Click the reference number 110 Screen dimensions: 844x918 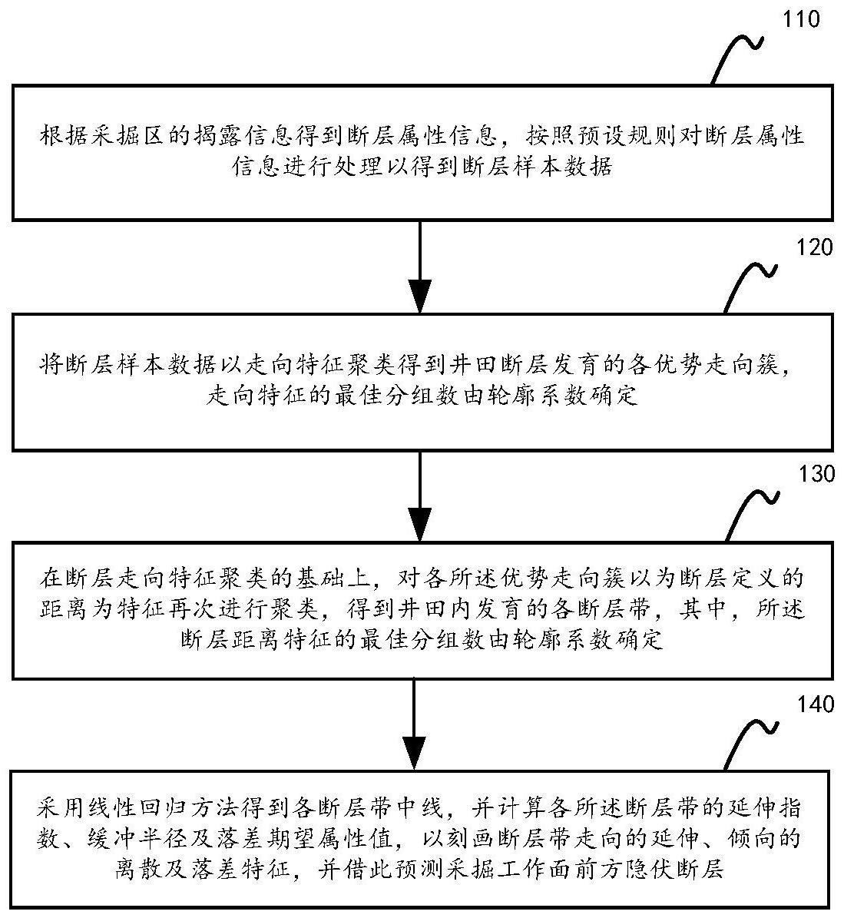point(801,18)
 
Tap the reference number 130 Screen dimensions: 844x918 point(816,473)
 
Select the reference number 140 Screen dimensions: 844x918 point(816,704)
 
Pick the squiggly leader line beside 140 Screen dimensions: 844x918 point(752,744)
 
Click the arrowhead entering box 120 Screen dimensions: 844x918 point(421,297)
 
